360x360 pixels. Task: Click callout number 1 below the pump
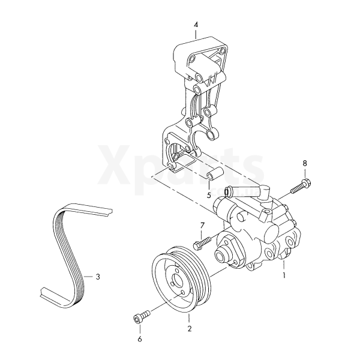pos(284,275)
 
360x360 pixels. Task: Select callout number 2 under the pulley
pos(189,329)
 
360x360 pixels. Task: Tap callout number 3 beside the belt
pos(98,277)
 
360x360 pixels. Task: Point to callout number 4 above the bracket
pos(196,25)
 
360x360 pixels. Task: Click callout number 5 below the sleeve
pos(209,196)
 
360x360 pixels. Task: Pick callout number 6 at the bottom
pos(140,339)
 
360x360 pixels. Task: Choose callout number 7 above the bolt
pos(202,226)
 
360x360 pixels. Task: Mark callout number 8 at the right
pos(305,163)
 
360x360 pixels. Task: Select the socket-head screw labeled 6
pos(142,317)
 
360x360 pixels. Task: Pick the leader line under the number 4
pos(196,34)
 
